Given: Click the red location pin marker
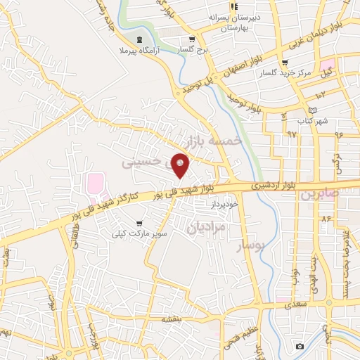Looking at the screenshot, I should tap(181, 165).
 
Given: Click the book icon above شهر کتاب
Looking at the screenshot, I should tap(313, 110).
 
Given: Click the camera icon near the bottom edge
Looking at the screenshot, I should tap(300, 346).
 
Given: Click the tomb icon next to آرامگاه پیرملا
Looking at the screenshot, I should tap(138, 39).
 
